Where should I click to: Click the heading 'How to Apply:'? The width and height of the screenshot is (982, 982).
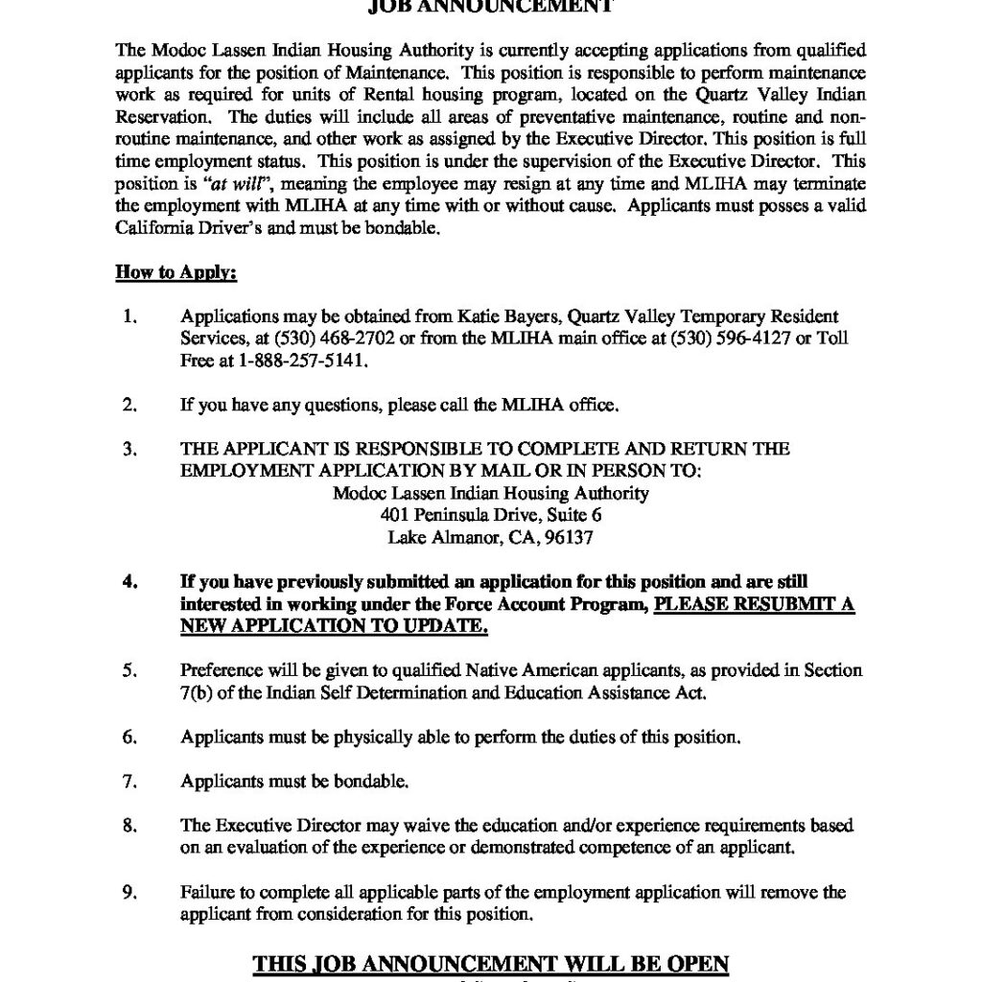[175, 272]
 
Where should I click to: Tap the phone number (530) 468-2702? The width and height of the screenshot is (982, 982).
[307, 339]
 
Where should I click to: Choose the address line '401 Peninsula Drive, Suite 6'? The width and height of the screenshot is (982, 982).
[490, 515]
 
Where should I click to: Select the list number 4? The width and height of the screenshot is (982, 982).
[129, 581]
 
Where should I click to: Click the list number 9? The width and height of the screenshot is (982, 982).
[129, 892]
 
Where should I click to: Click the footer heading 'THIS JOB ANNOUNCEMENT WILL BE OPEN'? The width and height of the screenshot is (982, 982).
[490, 962]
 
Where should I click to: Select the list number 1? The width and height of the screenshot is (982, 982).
[129, 316]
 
